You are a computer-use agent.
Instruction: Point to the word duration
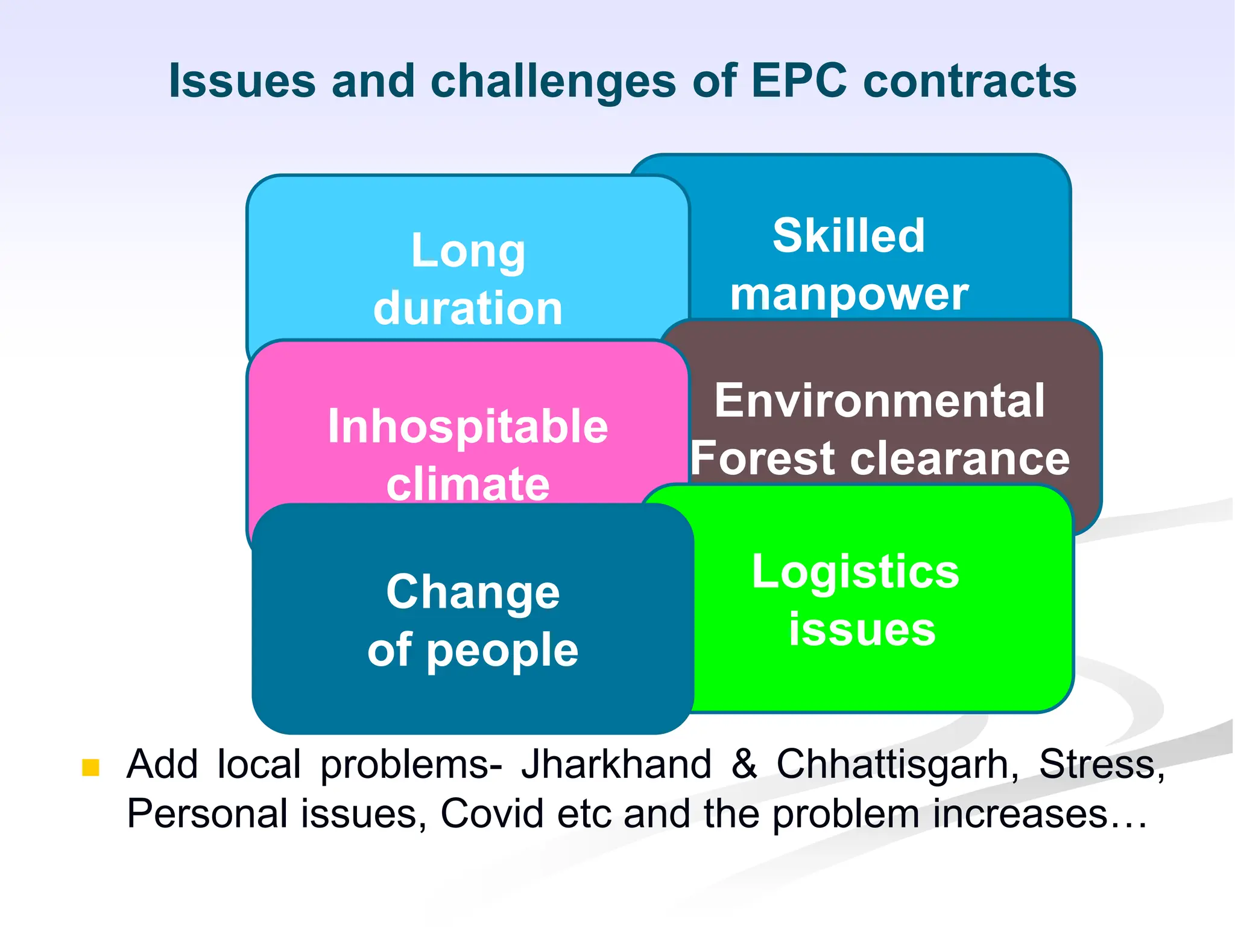point(468,308)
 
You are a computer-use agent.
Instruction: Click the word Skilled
point(848,235)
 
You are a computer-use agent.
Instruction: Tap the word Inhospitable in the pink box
point(468,426)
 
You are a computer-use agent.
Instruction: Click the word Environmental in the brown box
point(879,400)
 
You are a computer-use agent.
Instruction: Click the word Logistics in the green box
point(855,572)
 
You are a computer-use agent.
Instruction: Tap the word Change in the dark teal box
point(473,592)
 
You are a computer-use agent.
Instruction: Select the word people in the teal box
point(502,651)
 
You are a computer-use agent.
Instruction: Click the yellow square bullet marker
point(90,767)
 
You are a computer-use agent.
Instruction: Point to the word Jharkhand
point(616,764)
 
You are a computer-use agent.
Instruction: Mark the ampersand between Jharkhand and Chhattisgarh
point(744,764)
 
